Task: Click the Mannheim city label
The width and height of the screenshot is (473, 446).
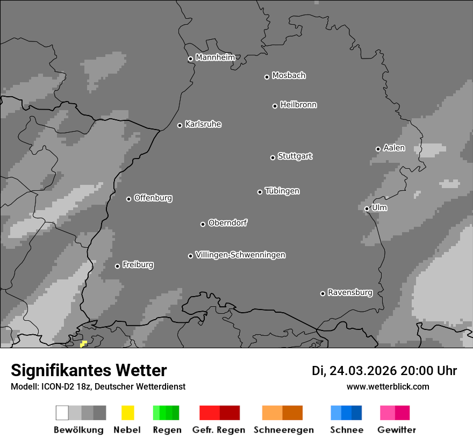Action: [215, 57]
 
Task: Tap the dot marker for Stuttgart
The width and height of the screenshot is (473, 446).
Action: [273, 157]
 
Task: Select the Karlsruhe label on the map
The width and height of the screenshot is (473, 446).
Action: [203, 124]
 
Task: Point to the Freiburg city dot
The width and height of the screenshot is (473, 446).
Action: [117, 266]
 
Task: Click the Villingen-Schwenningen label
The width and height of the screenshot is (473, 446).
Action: [240, 255]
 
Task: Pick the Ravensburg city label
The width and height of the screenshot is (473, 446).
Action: [350, 292]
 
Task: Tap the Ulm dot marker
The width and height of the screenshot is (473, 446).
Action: [367, 208]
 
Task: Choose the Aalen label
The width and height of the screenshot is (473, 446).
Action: [394, 148]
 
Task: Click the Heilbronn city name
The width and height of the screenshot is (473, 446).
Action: [298, 105]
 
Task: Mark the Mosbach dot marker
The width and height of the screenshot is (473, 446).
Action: [267, 77]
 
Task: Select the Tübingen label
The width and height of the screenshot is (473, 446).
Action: [282, 191]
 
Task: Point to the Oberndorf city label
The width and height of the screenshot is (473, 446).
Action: [227, 222]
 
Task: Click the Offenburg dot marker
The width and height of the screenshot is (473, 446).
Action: [128, 199]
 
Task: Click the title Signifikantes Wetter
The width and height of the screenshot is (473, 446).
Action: [89, 370]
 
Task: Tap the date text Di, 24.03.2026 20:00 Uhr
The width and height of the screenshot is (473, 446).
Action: [384, 371]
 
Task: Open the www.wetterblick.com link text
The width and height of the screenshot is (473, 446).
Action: [388, 386]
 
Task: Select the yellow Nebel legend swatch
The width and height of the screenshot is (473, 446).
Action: [127, 413]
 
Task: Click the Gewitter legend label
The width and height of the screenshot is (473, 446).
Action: [396, 430]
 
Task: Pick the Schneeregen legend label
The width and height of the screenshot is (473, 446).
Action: [283, 430]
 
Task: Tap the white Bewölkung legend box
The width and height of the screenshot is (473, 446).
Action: [62, 413]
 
